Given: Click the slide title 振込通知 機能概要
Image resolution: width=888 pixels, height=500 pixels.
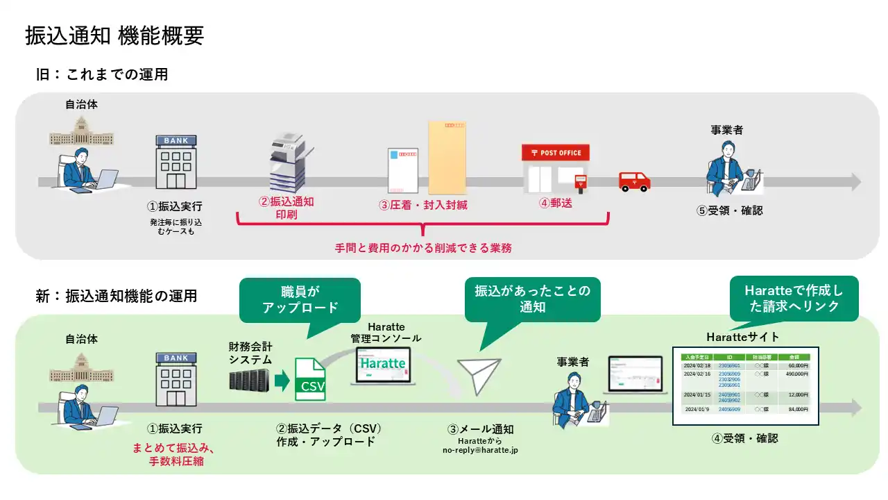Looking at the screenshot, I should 114,36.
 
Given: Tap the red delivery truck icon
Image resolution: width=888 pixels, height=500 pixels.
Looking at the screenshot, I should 634,181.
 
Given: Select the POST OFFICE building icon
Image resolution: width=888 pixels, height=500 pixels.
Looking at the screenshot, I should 556,168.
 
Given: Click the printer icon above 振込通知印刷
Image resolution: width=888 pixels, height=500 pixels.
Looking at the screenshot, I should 287,163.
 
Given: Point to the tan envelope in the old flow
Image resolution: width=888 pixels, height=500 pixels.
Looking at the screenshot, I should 448,157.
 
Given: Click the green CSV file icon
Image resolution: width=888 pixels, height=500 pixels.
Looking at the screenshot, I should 310,379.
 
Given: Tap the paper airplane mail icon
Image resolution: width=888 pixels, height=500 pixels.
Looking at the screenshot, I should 479,376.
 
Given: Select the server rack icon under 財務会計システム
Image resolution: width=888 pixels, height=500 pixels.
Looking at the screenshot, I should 249,379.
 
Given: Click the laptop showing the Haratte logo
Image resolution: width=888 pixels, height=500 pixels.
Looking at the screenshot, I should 383,365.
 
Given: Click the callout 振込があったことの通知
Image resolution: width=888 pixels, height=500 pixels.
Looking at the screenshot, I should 532,299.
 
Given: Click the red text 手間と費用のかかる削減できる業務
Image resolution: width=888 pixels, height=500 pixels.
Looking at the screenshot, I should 423,247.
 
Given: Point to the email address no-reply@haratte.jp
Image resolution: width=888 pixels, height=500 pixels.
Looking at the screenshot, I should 480,450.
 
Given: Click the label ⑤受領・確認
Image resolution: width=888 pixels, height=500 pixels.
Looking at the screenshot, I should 729,210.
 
